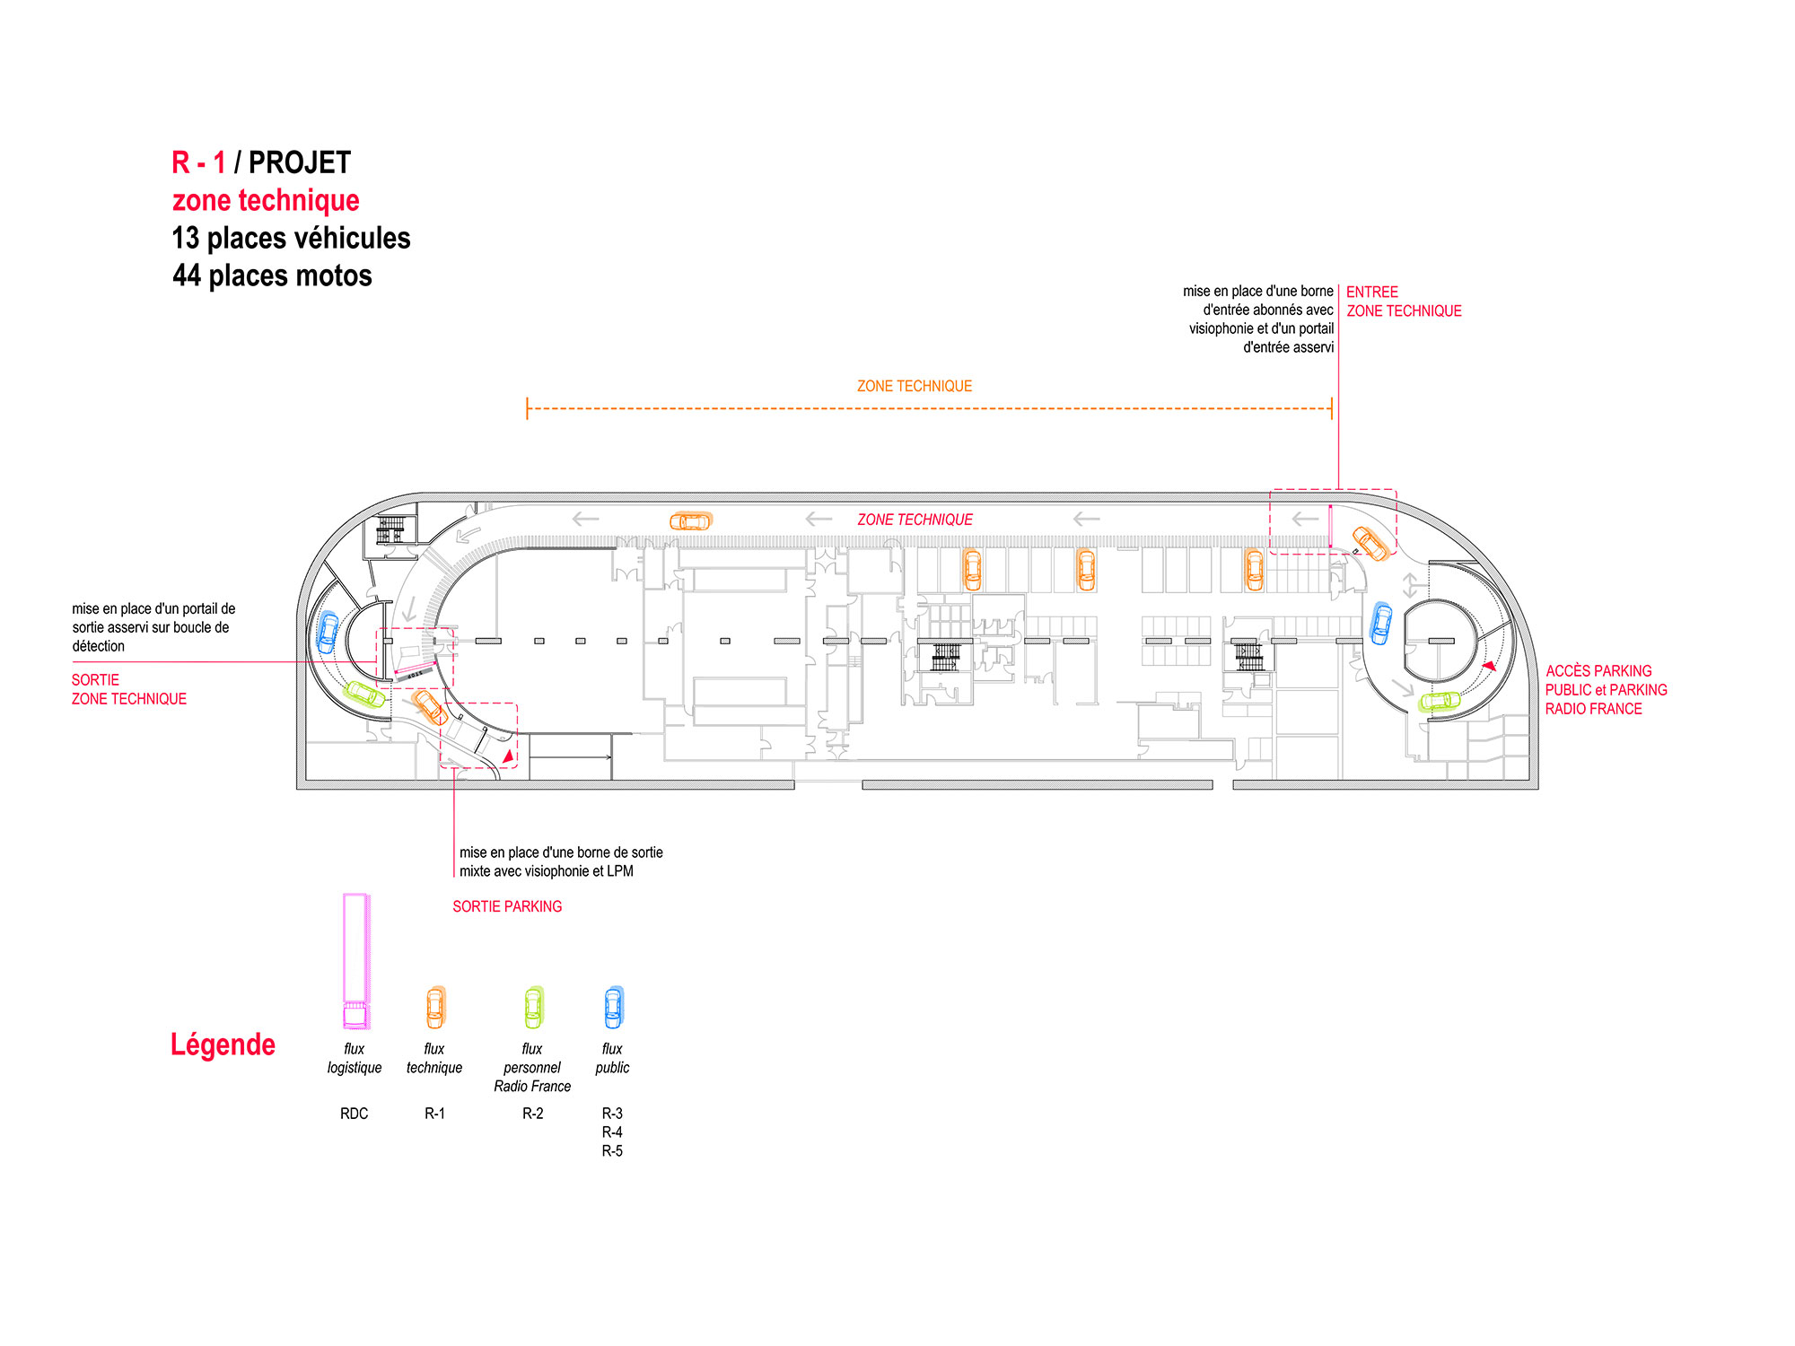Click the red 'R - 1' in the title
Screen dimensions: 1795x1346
(198, 162)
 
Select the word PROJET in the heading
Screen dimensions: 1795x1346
(299, 162)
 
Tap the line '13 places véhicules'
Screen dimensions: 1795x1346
(291, 238)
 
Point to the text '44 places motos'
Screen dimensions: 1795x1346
(272, 275)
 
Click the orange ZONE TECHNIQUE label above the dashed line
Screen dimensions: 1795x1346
(915, 386)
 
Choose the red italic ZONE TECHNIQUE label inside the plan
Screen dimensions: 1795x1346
(915, 520)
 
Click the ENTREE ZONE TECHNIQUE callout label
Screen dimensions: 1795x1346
(1404, 302)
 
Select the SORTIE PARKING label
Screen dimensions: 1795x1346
(507, 906)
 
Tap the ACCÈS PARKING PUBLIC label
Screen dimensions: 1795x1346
(1607, 690)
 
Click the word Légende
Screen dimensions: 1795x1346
(223, 1044)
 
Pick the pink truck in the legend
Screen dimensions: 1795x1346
(356, 961)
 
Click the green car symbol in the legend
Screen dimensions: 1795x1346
(534, 1008)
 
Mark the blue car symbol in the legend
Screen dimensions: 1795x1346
(614, 1008)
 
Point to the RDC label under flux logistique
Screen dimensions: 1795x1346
(354, 1114)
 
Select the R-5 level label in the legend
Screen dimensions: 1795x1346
(612, 1151)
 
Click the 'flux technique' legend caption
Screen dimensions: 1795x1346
(434, 1058)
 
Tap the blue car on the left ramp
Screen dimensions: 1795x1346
(328, 633)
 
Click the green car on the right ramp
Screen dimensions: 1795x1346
(1439, 702)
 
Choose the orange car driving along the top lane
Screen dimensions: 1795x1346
(691, 521)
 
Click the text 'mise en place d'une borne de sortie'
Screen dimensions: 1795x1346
(561, 852)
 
